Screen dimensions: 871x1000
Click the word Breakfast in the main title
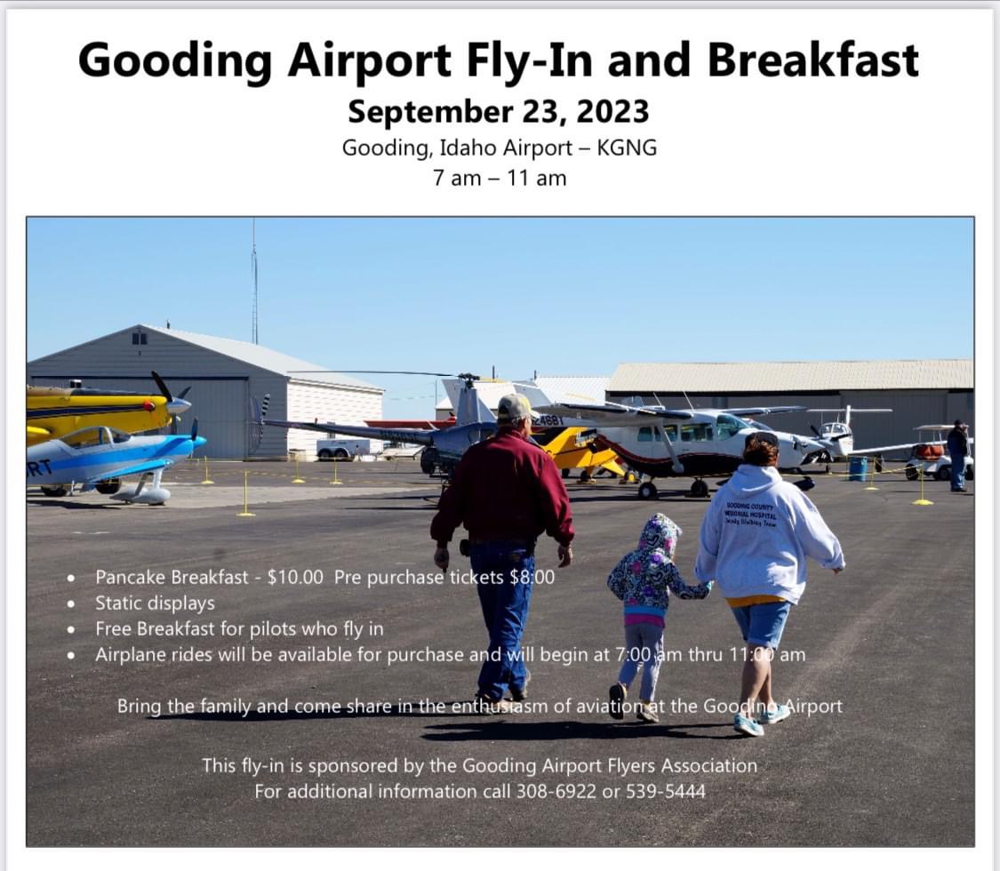tap(813, 60)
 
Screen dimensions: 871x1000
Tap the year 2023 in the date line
tap(612, 112)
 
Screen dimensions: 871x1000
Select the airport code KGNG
tap(628, 148)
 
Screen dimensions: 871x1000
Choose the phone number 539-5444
tap(663, 790)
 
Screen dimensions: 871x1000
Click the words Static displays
tap(155, 603)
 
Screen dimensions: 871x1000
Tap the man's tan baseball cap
tap(515, 408)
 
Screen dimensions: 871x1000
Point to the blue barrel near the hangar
tap(857, 468)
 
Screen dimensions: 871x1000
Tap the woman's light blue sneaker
tap(748, 724)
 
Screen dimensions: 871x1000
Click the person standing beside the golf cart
tap(956, 455)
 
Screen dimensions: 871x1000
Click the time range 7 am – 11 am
tap(500, 178)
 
